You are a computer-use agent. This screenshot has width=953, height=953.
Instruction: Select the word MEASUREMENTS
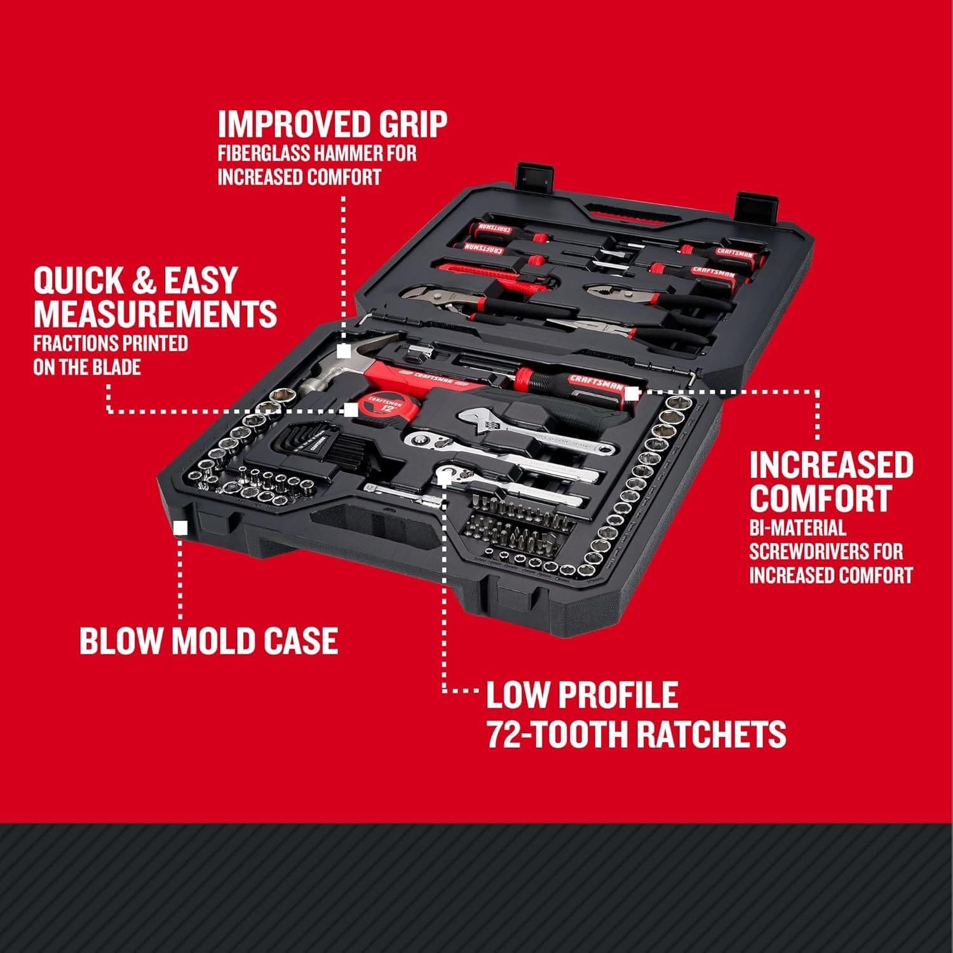[x=155, y=313]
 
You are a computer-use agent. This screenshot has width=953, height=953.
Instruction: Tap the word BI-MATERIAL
[x=797, y=527]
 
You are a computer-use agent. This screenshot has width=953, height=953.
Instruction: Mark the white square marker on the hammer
[x=344, y=351]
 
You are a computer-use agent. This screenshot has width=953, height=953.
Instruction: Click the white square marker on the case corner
[x=180, y=528]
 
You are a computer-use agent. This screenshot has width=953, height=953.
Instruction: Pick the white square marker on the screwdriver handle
[x=631, y=393]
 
